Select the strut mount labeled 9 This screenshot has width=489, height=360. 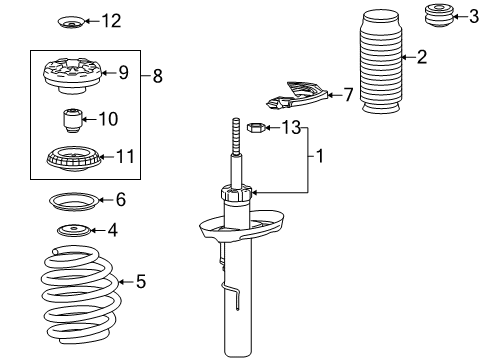pos(74,75)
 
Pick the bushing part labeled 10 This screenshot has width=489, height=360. pos(71,120)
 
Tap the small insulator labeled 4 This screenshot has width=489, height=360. pos(72,233)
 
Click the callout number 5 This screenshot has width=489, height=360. pos(140,283)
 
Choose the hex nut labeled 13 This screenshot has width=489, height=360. pos(255,128)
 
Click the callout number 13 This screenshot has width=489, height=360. pos(290,127)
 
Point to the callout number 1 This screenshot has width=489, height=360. pos(320,157)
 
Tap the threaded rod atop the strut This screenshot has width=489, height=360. pos(236,150)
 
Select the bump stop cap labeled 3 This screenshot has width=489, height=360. pos(437,16)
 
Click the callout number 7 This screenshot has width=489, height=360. pos(347,95)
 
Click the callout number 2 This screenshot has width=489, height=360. pos(422,57)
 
